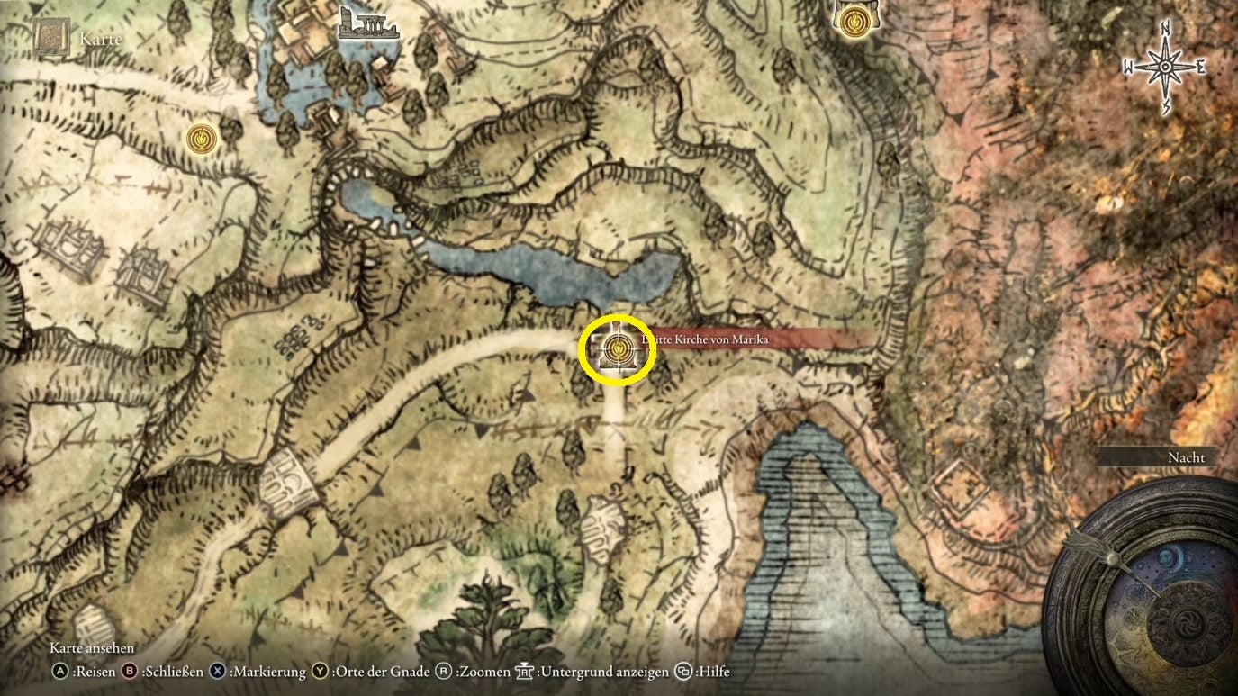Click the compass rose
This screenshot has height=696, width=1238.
(x=1165, y=68)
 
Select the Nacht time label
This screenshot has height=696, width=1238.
(x=1186, y=457)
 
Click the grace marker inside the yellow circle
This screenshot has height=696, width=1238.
(x=617, y=347)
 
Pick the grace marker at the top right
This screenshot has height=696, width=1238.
(x=851, y=19)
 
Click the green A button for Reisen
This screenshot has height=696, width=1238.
(x=60, y=672)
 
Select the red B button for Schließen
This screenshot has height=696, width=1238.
(x=129, y=672)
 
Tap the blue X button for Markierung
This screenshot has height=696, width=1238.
(x=218, y=672)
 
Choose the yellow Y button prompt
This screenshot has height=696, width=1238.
(x=321, y=672)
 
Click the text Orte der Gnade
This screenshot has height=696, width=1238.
(x=379, y=672)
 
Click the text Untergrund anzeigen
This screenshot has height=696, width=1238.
(x=604, y=672)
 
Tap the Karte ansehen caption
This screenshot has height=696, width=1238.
(x=92, y=648)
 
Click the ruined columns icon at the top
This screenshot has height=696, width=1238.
(x=367, y=24)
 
